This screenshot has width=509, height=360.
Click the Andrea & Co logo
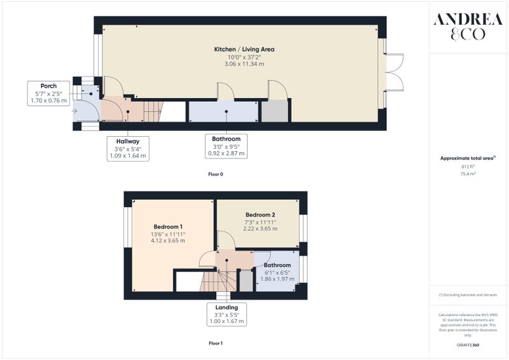click(x=468, y=27)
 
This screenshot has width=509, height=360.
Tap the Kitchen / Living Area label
click(x=244, y=50)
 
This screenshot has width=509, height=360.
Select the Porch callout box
click(x=48, y=93)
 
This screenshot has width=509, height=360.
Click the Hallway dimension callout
click(x=128, y=149)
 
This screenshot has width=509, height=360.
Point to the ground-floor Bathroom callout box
click(x=227, y=146)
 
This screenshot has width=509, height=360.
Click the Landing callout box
click(x=227, y=314)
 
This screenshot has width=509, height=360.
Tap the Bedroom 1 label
click(x=168, y=226)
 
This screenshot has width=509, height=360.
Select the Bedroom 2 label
click(x=260, y=214)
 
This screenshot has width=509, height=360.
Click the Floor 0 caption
click(x=216, y=174)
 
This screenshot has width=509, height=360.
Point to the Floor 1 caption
click(x=216, y=343)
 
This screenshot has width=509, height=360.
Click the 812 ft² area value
click(x=468, y=167)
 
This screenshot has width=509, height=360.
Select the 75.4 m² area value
click(x=468, y=174)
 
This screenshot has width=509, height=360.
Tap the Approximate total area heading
click(x=468, y=158)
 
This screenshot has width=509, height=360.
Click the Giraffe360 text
click(x=468, y=345)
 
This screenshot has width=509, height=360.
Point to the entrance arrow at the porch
click(x=74, y=111)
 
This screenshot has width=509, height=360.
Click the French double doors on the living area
click(x=394, y=72)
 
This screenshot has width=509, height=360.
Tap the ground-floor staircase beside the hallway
click(x=153, y=112)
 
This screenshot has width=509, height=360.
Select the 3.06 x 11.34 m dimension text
click(x=244, y=64)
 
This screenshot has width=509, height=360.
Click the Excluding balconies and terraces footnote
click(x=468, y=295)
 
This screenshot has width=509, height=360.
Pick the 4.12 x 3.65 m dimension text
click(x=168, y=240)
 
